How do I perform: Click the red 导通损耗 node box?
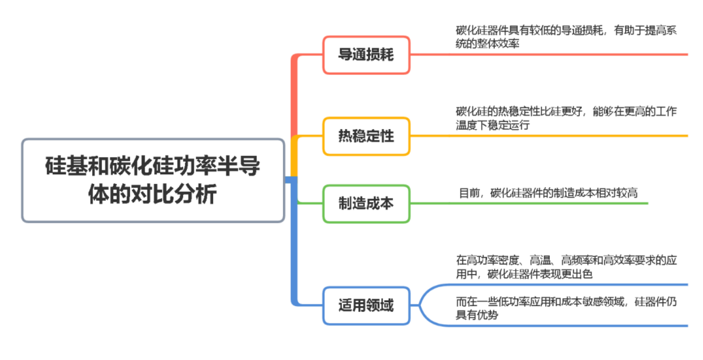tap(366, 55)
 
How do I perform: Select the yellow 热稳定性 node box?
tap(366, 136)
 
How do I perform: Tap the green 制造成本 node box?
tap(366, 203)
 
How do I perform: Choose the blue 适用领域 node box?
tap(366, 305)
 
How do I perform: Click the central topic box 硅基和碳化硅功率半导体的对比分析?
tap(153, 180)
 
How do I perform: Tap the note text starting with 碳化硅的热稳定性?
tap(566, 118)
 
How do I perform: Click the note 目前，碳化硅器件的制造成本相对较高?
tap(548, 193)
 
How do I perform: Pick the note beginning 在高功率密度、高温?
tap(566, 267)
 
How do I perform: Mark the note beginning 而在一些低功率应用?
tap(566, 309)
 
